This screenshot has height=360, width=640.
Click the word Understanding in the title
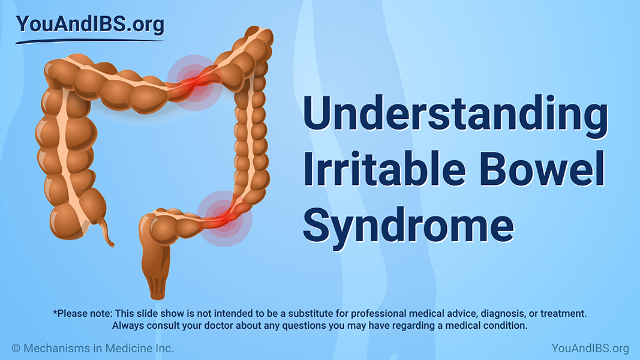(x=455, y=115)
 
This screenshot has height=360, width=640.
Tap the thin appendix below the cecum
(x=108, y=233)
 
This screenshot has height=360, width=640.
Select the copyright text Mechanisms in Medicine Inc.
(x=93, y=349)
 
